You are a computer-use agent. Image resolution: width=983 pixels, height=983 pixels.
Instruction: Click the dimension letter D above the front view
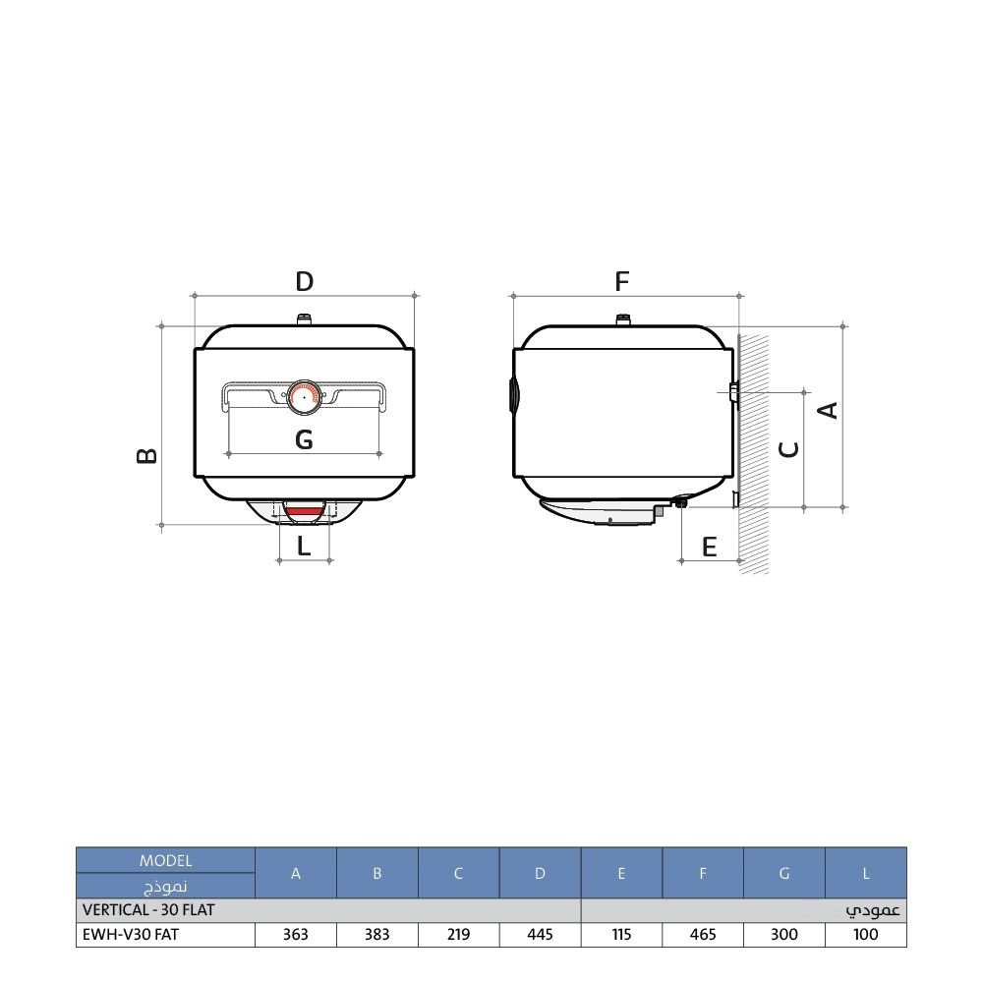coord(304,281)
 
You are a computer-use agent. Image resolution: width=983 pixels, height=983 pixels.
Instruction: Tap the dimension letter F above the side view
coord(621,281)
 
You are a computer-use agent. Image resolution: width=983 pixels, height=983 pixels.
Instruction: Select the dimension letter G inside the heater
coord(304,439)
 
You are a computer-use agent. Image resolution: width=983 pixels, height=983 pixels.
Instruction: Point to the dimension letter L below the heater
coord(304,546)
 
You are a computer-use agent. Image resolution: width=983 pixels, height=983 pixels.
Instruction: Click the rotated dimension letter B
coord(146,456)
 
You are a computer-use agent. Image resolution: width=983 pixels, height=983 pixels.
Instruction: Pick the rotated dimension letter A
coord(828,411)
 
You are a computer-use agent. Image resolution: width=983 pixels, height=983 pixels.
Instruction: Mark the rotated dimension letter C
coord(788,449)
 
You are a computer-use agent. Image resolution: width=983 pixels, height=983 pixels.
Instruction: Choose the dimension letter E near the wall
coord(709,548)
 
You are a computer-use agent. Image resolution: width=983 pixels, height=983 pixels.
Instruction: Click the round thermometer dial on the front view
coord(304,397)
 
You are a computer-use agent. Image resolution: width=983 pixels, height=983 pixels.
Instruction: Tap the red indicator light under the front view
coord(304,511)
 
